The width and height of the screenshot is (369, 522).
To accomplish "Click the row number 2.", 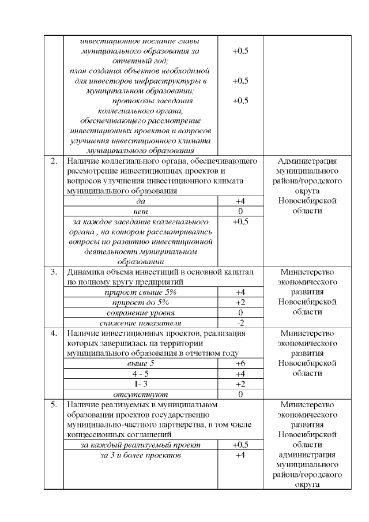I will tap(54, 161).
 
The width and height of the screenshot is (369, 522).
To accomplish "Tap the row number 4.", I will tap(54, 333).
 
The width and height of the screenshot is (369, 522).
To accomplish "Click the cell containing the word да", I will tap(141, 201).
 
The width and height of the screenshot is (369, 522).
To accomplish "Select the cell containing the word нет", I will tap(141, 212).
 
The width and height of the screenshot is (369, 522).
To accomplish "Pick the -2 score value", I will tap(240, 322).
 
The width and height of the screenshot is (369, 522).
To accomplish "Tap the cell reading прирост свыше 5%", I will tap(141, 292).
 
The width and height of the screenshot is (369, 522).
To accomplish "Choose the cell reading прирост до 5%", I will tap(141, 302).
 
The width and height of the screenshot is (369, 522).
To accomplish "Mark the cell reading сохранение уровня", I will tap(141, 312).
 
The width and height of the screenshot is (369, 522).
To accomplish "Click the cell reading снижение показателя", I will tap(141, 322).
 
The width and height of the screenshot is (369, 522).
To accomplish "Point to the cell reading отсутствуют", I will tap(141, 394).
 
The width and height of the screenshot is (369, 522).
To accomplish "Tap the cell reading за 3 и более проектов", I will tap(141, 456).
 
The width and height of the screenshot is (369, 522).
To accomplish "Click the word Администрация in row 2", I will tap(307, 161).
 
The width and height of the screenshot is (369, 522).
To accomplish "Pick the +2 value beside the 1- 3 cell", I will tap(240, 384).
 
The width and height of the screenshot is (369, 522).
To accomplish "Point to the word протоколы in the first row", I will tap(131, 100).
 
